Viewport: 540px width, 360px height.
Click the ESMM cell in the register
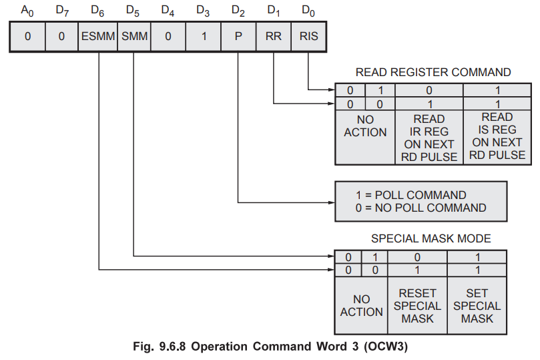[98, 37]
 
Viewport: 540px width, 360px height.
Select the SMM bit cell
[133, 37]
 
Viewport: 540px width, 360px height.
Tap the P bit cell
[238, 37]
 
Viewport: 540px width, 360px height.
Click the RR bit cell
[274, 37]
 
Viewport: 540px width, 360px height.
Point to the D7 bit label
[62, 11]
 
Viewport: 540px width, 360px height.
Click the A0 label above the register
[27, 11]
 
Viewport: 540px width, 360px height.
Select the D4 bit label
[168, 11]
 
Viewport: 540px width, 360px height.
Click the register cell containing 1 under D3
[203, 37]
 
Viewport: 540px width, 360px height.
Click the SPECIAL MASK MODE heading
[431, 238]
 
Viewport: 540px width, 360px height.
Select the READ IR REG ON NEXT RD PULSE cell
[429, 138]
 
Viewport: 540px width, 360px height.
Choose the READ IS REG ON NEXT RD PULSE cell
[497, 136]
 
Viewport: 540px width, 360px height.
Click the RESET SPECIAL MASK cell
[418, 306]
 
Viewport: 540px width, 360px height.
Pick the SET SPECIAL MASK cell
[477, 306]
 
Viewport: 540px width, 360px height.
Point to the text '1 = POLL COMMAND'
[411, 195]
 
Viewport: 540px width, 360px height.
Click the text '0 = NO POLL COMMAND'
[421, 208]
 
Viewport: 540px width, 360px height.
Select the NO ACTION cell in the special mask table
[361, 306]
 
